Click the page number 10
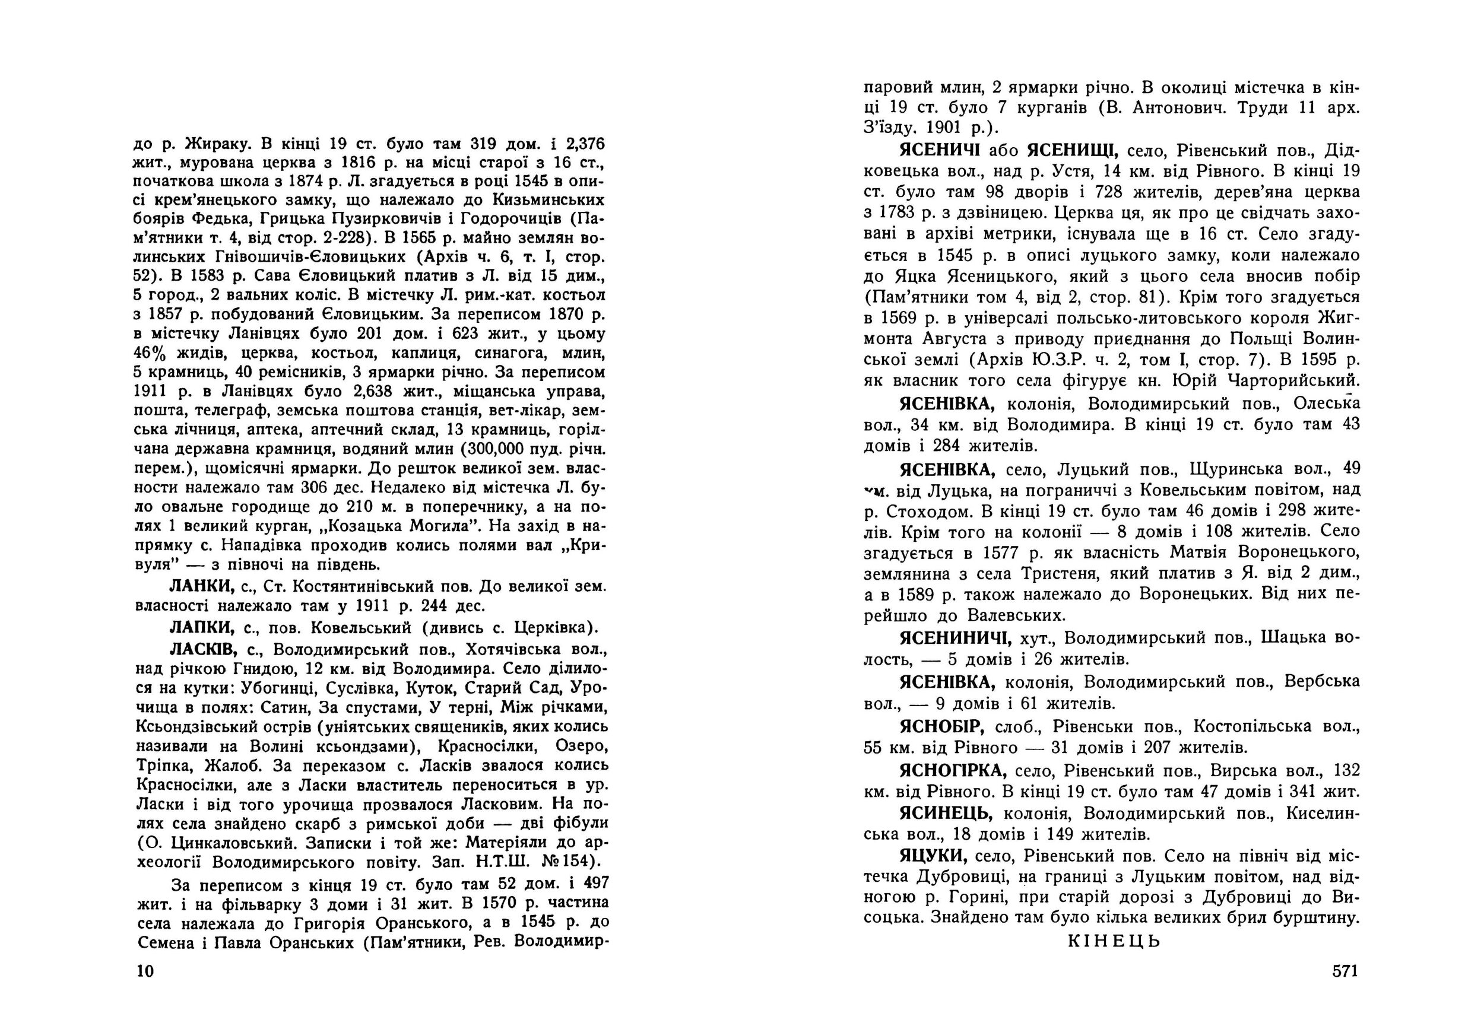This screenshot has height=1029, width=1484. pos(146,971)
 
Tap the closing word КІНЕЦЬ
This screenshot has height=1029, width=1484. pos(1114,941)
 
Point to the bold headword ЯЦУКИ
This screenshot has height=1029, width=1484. pos(933,857)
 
